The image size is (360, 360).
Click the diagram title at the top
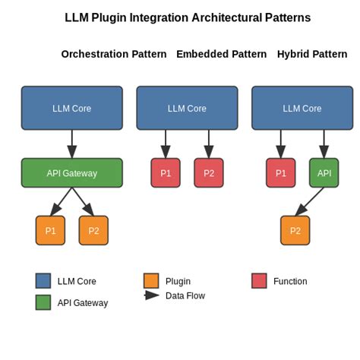point(188,18)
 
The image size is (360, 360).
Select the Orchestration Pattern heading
point(114,54)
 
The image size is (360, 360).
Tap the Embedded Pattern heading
point(221,54)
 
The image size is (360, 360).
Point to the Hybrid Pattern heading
point(312,54)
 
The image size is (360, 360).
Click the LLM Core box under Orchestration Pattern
point(71,108)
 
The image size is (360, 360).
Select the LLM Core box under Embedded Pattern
point(187,108)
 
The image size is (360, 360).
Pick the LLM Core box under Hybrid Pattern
point(302,108)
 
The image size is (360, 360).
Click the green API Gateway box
point(71,172)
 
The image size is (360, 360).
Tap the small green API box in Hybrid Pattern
point(324,172)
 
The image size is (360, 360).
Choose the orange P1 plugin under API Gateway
point(50,230)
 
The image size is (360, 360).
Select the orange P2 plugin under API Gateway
point(93,230)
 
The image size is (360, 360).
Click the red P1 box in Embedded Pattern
point(166,172)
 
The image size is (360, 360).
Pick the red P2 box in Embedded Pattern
point(209,172)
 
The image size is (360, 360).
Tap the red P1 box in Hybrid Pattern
point(281,172)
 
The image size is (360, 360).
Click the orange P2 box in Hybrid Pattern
point(295,230)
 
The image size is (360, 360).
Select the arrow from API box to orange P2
point(310,201)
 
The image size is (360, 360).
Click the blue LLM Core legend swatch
point(43,281)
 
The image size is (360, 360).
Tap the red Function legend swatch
point(259,281)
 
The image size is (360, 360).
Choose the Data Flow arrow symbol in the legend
point(151,295)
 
